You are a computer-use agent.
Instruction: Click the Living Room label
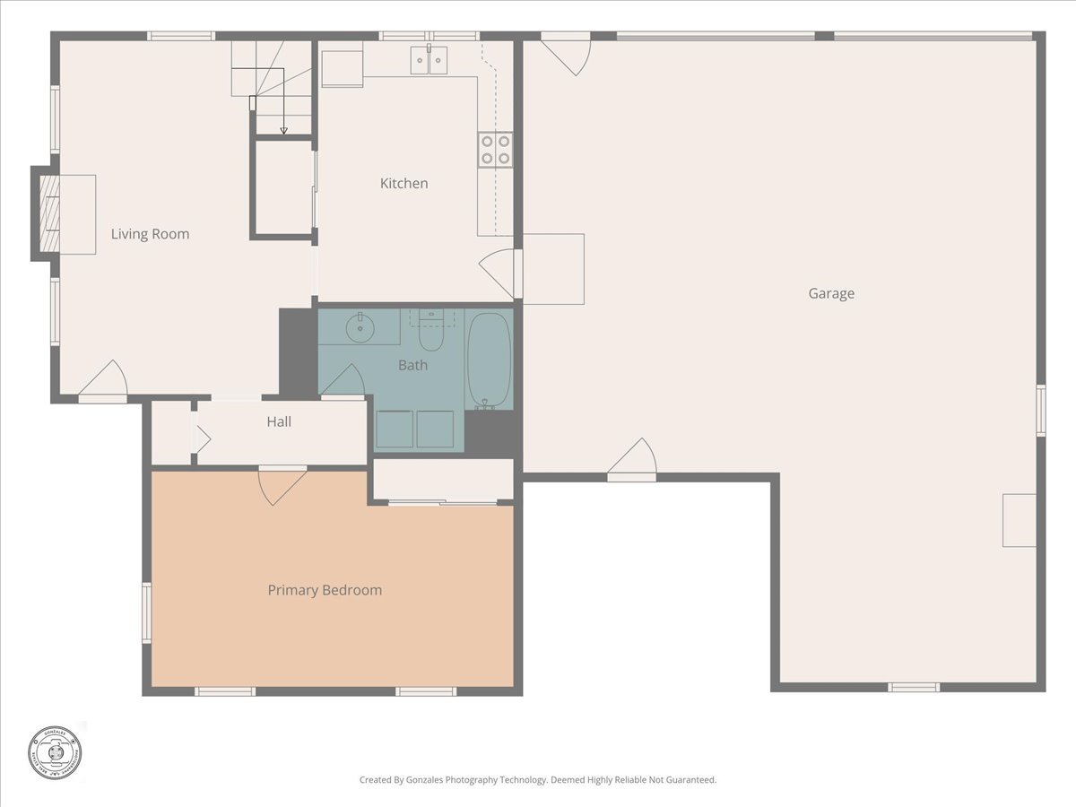click(150, 234)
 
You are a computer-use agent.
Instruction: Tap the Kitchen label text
click(403, 183)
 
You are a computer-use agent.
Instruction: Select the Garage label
click(831, 293)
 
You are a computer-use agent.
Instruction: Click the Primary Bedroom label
click(325, 590)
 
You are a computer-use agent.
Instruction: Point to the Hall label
click(279, 421)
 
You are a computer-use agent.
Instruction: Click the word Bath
click(412, 365)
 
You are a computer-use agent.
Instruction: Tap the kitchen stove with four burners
click(495, 149)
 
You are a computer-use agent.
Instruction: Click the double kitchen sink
click(430, 60)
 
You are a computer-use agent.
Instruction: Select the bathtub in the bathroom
click(489, 360)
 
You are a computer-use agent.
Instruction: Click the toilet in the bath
click(431, 332)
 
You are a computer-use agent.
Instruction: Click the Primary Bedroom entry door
click(282, 484)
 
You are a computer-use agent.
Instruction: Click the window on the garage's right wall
click(1040, 411)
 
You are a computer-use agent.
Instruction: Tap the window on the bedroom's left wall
click(146, 612)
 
